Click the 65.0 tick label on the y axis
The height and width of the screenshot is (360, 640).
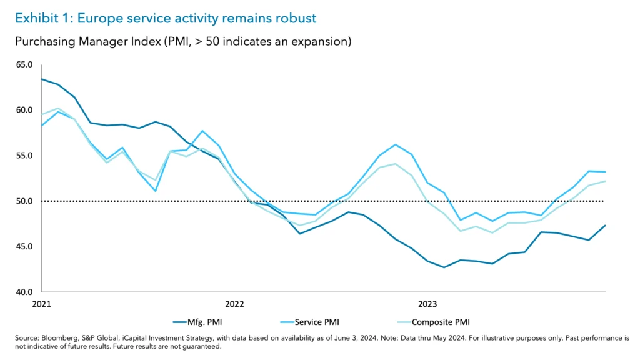tap(24, 64)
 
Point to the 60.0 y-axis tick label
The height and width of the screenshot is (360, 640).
tap(24, 110)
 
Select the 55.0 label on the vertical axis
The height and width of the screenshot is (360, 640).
tap(24, 156)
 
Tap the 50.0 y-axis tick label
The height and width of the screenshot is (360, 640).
tap(24, 201)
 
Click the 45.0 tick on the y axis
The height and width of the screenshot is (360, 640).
tap(24, 246)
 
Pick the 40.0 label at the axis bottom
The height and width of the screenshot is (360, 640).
tap(24, 292)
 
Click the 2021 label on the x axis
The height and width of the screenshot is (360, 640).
tap(42, 304)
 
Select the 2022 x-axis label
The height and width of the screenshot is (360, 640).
tap(235, 304)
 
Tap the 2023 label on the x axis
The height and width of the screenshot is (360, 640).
tap(427, 304)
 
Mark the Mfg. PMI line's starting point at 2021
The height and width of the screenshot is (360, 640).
tap(42, 79)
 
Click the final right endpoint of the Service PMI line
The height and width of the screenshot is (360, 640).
tap(606, 172)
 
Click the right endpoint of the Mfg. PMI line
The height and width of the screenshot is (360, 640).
tap(606, 226)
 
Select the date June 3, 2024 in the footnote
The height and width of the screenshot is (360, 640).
tap(336, 338)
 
